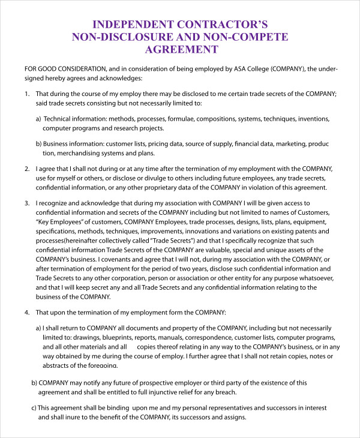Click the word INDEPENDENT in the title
[127, 25]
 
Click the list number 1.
[26, 94]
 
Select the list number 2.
[26, 170]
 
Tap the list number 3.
[26, 204]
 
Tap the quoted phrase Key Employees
[61, 222]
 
